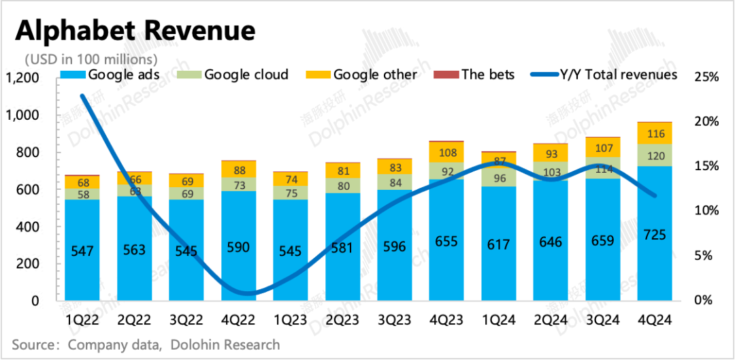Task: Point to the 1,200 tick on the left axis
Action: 22,79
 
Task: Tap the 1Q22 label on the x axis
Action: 82,320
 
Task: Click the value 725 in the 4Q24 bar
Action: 654,235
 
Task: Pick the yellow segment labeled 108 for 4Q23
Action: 446,152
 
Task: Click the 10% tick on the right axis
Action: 706,210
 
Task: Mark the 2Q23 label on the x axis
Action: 342,320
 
